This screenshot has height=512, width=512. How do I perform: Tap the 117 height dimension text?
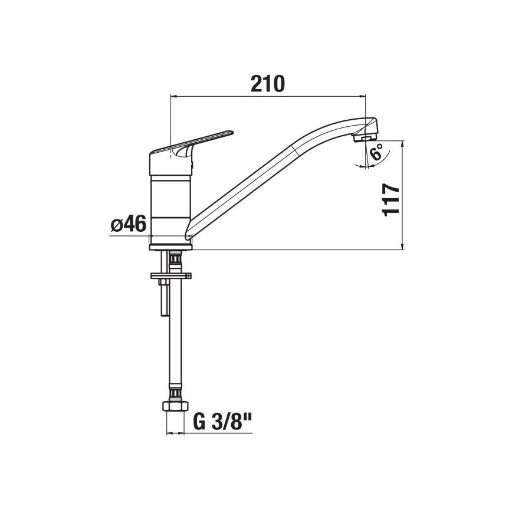click(391, 200)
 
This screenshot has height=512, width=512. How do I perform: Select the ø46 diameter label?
click(128, 225)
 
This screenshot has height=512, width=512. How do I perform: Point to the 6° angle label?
click(376, 152)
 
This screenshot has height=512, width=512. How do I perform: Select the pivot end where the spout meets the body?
click(189, 232)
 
